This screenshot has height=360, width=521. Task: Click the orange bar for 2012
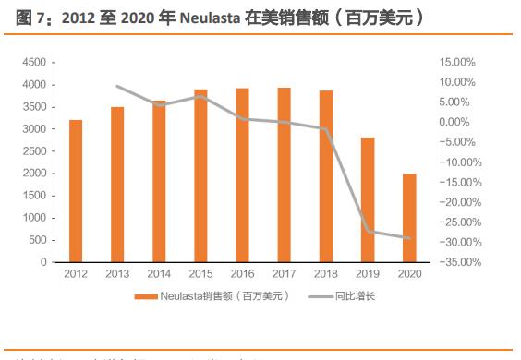[x=75, y=191]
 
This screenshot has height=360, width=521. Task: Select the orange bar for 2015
[x=200, y=175]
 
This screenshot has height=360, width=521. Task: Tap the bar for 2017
[x=284, y=174]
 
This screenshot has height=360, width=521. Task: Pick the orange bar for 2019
[x=368, y=199]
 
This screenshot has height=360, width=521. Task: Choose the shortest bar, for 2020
[x=409, y=218]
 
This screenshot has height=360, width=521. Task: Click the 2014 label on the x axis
[x=159, y=274]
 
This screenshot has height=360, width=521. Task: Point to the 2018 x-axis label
[x=325, y=274]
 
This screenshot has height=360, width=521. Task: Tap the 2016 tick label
[x=242, y=274]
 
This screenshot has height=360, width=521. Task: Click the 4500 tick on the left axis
[x=34, y=63]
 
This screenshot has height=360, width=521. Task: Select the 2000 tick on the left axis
[x=34, y=174]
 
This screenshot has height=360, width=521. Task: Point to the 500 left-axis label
[x=37, y=240]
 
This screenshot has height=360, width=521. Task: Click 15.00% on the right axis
[x=456, y=63]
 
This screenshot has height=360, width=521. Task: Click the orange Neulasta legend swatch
[x=146, y=296]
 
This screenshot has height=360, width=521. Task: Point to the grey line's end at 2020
[x=409, y=238]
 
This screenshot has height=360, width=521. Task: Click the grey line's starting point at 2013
[x=117, y=87]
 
